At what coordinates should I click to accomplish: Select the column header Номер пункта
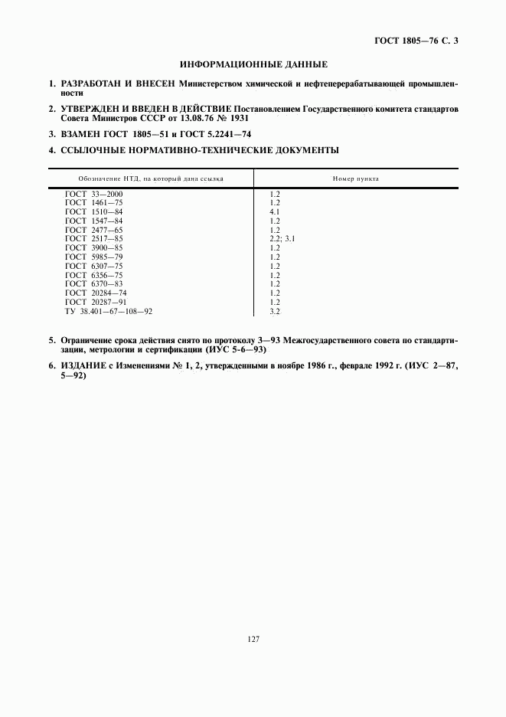pyautogui.click(x=356, y=178)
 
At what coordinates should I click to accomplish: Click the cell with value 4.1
pyautogui.click(x=275, y=211)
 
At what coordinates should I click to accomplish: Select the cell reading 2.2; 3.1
pyautogui.click(x=282, y=239)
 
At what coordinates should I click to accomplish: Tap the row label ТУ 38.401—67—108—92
pyautogui.click(x=109, y=312)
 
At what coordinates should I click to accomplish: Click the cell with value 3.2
pyautogui.click(x=275, y=312)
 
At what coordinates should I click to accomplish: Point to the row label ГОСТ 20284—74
pyautogui.click(x=96, y=293)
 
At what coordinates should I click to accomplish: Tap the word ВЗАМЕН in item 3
pyautogui.click(x=79, y=134)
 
